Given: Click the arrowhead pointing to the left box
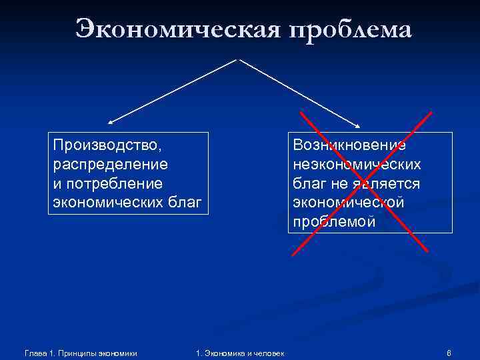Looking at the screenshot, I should pyautogui.click(x=110, y=123).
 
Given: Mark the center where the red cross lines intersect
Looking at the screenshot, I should pyautogui.click(x=361, y=183).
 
